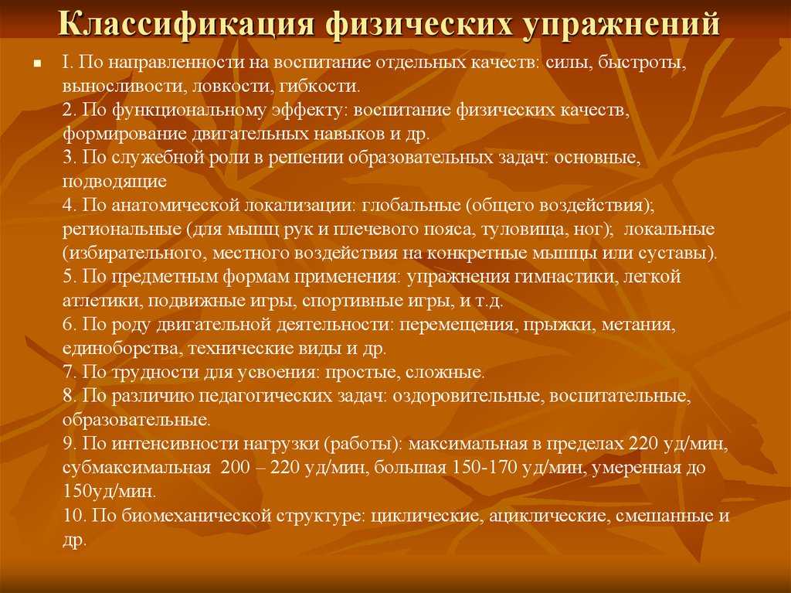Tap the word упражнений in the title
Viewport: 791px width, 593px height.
click(622, 24)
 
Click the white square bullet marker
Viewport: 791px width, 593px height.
click(37, 63)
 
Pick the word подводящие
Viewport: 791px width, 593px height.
click(114, 182)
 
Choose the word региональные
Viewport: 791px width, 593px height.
click(122, 230)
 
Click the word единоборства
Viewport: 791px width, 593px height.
click(120, 349)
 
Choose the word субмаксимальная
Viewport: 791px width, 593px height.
click(136, 467)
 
